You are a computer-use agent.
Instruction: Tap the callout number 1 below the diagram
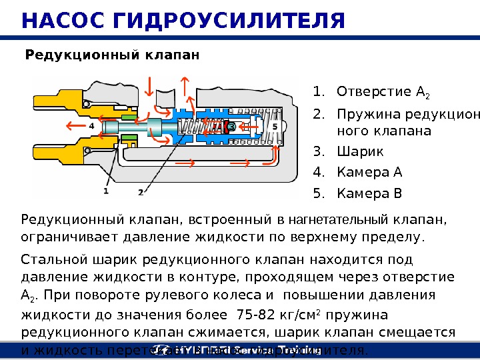[106, 191]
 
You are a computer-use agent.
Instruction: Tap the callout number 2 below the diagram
[141, 192]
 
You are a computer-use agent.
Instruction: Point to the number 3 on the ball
[231, 126]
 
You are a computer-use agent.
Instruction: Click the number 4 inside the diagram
[91, 125]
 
